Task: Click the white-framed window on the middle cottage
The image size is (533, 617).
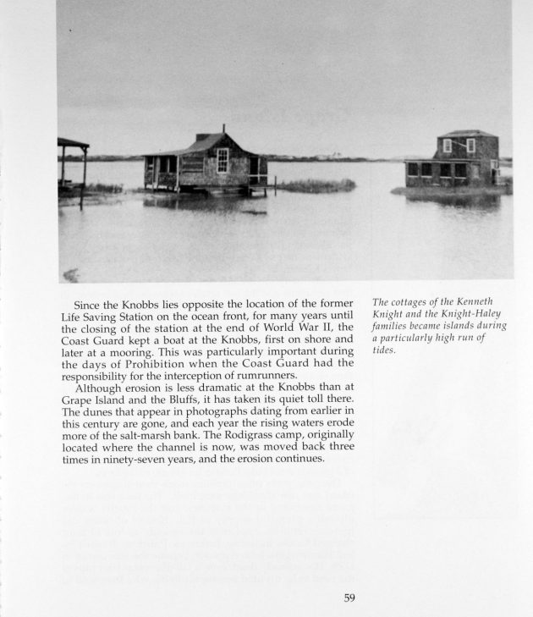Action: [x=223, y=159]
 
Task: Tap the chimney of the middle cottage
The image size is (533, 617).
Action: [x=223, y=130]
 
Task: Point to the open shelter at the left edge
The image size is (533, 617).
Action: [x=72, y=164]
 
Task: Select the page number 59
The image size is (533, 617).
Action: [x=349, y=598]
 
